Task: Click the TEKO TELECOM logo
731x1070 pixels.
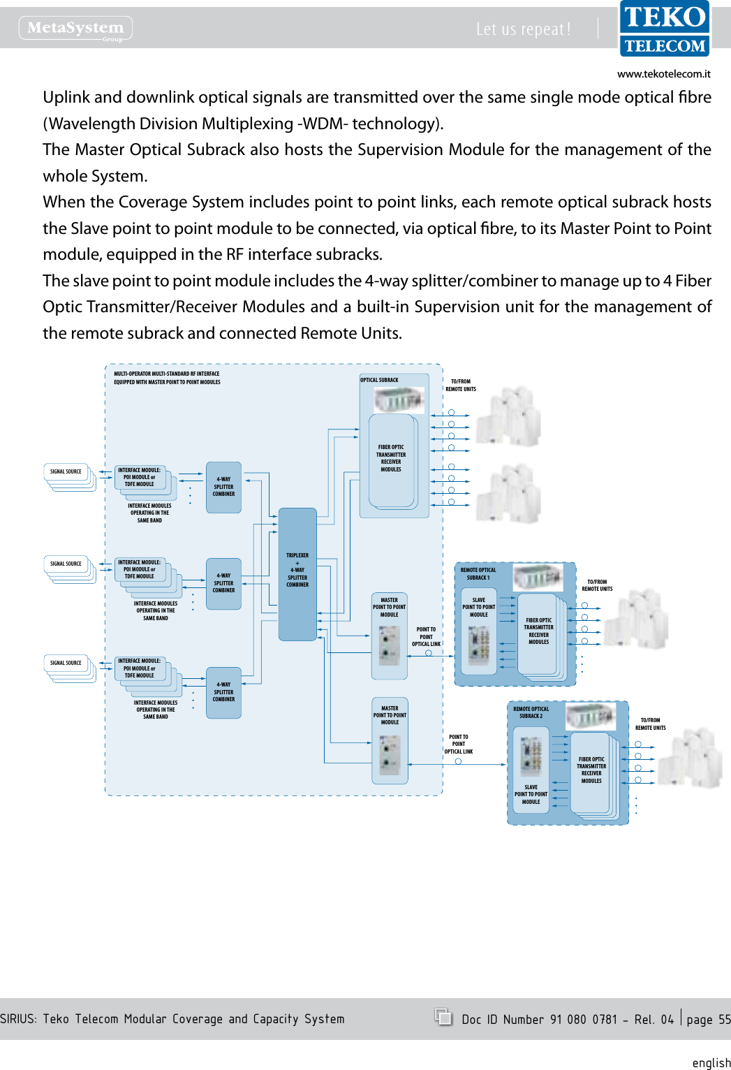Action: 664,29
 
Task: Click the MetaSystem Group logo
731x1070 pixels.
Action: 75,29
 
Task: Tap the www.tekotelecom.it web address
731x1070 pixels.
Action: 663,74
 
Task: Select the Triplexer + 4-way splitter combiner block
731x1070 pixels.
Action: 297,574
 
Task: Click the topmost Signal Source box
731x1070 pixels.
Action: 66,472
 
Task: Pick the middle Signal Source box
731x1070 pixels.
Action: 66,564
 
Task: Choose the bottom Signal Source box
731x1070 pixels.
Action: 66,664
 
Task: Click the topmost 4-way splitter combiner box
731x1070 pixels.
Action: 223,488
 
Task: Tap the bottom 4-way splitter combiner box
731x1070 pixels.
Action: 223,693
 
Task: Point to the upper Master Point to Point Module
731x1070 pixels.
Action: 390,636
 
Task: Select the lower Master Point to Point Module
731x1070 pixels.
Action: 390,740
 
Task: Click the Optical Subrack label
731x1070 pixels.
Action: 380,381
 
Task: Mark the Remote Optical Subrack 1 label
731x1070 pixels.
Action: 478,574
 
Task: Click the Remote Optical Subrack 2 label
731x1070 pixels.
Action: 531,712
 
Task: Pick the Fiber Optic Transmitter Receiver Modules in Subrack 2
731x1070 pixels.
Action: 591,770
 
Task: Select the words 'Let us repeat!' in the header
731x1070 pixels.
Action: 524,29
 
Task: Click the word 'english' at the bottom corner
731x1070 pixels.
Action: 711,1062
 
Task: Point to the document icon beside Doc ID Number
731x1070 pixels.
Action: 443,1017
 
